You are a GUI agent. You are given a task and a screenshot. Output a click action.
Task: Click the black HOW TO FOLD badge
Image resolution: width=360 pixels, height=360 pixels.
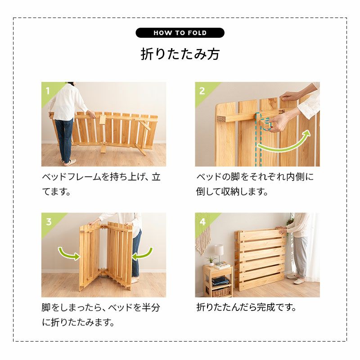pos(180,33)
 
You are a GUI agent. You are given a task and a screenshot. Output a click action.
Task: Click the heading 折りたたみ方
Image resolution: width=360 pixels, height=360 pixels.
pos(180,54)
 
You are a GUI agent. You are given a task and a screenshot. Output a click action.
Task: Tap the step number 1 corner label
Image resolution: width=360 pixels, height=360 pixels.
pos(48,91)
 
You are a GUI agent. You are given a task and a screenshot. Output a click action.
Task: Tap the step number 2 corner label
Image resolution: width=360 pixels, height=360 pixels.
pos(202,91)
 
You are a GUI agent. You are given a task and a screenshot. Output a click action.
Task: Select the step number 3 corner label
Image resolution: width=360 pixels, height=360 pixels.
pos(49,222)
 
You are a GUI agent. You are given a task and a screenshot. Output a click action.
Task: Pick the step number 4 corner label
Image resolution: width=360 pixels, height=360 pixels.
pos(202,222)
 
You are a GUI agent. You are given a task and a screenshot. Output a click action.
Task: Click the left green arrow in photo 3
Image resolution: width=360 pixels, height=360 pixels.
pos(68,254)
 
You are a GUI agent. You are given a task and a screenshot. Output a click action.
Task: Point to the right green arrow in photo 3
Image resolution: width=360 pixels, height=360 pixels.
pos(143,254)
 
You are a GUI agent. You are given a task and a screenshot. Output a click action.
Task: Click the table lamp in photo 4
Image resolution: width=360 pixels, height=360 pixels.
pos(219,254)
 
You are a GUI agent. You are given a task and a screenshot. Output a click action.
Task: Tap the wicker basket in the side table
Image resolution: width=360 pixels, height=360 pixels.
pos(221,292)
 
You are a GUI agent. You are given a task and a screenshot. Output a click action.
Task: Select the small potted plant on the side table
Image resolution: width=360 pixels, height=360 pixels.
pos(211,261)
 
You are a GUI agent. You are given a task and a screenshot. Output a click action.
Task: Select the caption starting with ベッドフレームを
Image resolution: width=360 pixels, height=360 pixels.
pos(101,184)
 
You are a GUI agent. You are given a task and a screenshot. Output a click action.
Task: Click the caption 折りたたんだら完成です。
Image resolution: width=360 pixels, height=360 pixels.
pos(246,307)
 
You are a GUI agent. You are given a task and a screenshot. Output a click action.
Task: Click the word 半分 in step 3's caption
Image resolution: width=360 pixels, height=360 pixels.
pos(151,307)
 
